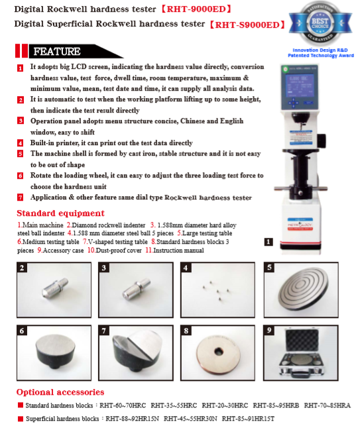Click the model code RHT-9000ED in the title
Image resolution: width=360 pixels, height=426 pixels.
(x=196, y=9)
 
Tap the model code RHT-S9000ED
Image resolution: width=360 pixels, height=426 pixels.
(x=247, y=25)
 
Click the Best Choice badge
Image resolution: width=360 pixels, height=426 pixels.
(x=320, y=23)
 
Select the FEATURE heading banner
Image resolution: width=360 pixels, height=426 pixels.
(x=70, y=51)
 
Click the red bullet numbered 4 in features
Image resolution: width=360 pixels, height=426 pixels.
(x=21, y=143)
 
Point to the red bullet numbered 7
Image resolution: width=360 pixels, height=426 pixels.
(x=21, y=197)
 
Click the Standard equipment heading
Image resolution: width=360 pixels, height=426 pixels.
(x=60, y=213)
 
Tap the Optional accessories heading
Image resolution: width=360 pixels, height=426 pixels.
(x=60, y=392)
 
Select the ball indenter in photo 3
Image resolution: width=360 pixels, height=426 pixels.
(x=136, y=289)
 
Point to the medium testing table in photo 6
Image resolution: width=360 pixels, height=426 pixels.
(x=55, y=352)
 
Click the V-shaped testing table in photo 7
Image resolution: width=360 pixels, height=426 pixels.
(x=137, y=351)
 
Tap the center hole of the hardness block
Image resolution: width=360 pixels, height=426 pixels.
(x=218, y=352)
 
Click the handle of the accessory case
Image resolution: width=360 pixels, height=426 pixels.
(x=301, y=374)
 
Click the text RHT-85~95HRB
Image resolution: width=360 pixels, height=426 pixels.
(x=276, y=405)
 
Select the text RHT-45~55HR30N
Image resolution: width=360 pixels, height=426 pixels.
(x=190, y=419)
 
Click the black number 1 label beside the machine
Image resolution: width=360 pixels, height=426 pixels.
(x=269, y=242)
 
